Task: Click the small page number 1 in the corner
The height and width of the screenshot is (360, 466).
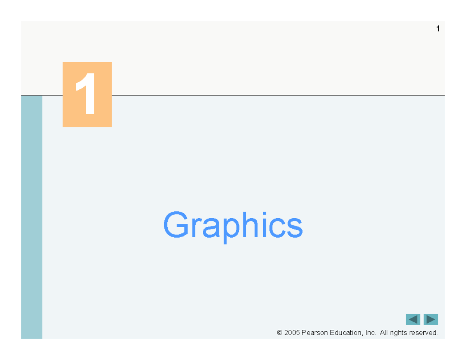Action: [x=438, y=28]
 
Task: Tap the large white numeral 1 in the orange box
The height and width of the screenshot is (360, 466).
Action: [x=86, y=94]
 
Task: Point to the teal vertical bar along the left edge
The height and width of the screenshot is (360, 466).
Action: [x=32, y=217]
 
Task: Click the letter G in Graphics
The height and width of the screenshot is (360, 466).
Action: [x=176, y=224]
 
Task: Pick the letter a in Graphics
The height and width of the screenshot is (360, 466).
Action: [x=211, y=228]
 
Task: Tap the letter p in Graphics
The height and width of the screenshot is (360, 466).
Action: [x=231, y=231]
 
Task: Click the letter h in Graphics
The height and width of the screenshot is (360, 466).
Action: [x=250, y=224]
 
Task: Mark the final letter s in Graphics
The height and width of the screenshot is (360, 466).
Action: [x=295, y=228]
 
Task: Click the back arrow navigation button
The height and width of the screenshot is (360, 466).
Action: [x=413, y=319]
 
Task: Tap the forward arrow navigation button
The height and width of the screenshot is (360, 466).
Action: [x=431, y=319]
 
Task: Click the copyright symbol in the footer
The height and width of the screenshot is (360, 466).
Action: [x=280, y=332]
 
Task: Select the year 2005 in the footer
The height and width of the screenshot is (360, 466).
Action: [x=292, y=332]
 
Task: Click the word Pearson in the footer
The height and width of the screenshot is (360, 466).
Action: [x=315, y=332]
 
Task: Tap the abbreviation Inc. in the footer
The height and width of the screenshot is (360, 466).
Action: [x=371, y=332]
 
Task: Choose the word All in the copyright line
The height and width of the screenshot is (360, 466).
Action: [x=384, y=332]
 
